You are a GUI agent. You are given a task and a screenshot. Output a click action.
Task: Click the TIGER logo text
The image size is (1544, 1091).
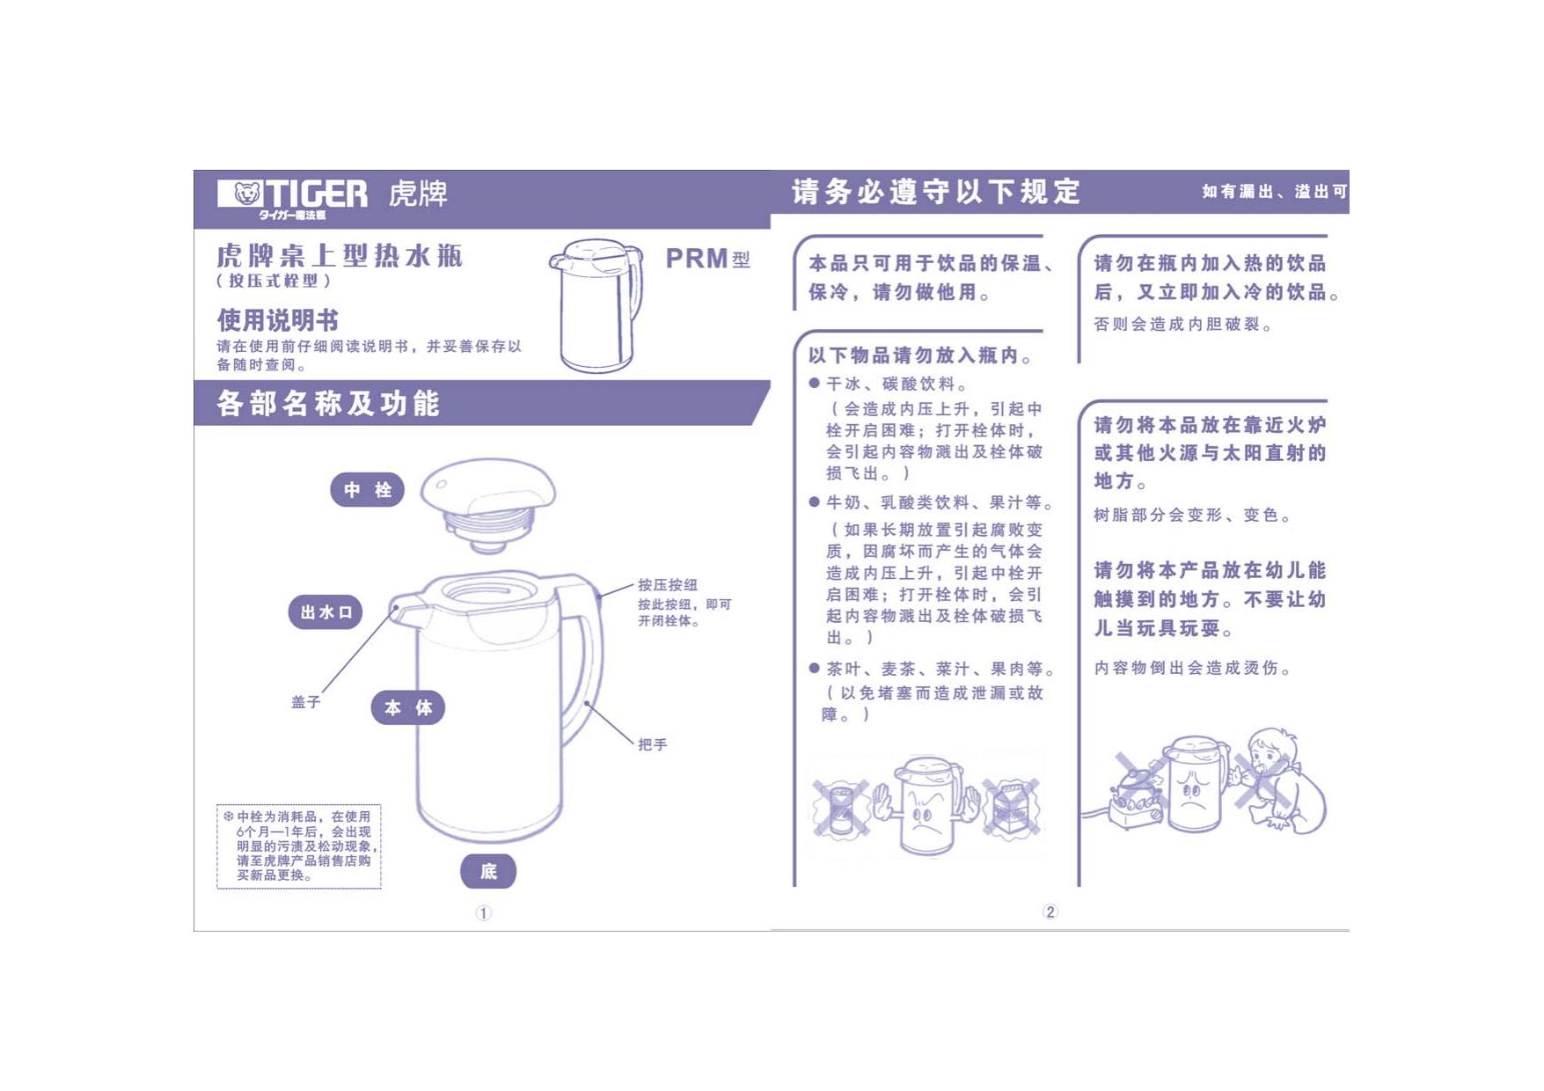click(316, 193)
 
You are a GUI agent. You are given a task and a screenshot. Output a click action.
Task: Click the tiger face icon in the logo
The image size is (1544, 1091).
click(247, 193)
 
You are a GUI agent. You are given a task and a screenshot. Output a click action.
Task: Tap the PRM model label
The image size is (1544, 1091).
click(707, 259)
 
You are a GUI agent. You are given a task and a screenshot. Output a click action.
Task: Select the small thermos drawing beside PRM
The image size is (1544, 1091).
click(596, 305)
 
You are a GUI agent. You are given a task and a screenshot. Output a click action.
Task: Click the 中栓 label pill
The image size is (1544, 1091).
click(367, 490)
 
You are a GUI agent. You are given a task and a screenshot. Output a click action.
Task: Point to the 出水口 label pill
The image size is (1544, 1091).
click(326, 612)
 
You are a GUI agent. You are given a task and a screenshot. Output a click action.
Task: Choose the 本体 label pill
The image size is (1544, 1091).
click(408, 707)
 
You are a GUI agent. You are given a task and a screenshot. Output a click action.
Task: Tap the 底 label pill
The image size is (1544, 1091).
click(488, 871)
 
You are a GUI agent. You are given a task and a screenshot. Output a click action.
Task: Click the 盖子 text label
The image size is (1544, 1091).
click(306, 702)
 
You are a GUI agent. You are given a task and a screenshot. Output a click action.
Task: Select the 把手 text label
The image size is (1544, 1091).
click(653, 744)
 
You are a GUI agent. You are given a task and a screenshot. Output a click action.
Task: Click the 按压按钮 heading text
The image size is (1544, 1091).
click(668, 585)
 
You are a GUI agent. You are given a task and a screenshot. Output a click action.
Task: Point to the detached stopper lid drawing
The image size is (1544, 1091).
click(488, 508)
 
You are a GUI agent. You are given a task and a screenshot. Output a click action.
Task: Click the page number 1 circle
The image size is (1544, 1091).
click(484, 913)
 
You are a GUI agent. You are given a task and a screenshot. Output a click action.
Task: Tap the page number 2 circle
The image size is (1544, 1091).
click(1050, 912)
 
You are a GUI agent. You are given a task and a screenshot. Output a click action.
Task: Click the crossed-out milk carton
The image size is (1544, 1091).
click(1012, 808)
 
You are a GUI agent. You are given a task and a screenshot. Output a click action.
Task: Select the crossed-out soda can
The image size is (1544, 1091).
click(839, 808)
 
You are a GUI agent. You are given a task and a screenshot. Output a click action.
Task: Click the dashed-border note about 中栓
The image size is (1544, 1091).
click(299, 846)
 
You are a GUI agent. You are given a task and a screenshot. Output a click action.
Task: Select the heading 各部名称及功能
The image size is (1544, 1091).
click(328, 404)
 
